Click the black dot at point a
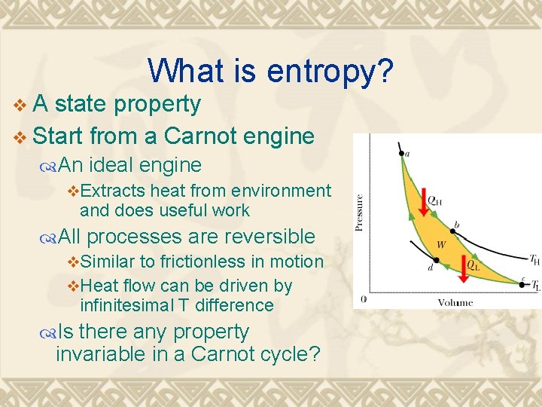400,152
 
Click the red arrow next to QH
423,200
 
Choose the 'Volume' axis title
455,302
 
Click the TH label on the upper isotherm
534,260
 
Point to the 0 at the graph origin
364,299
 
